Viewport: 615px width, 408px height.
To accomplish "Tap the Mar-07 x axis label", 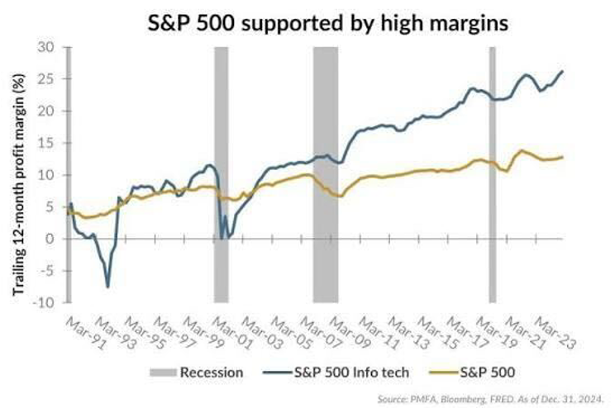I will point(317,330).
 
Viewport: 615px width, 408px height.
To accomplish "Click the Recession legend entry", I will point(199,372).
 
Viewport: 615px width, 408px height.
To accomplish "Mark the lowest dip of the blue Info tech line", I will point(108,287).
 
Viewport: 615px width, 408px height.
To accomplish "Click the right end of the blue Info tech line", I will point(563,71).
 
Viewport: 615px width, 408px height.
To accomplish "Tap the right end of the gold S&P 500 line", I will point(563,157).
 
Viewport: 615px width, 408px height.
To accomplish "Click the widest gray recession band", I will point(325,175).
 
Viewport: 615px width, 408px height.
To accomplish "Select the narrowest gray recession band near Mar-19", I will point(493,175).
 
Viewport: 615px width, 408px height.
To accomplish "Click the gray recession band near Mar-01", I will point(221,175).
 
